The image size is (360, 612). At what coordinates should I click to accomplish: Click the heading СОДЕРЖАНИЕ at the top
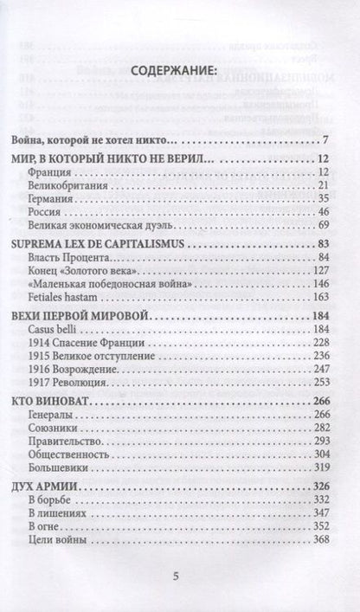pyautogui.click(x=179, y=72)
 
